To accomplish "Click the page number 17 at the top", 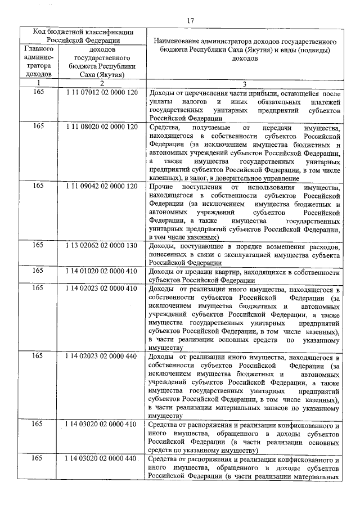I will point(190,21).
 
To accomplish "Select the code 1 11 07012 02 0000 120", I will point(101,92).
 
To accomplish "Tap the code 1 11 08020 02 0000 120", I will point(101,127).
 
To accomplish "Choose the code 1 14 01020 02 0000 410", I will point(101,271).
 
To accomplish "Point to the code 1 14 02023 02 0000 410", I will point(101,288).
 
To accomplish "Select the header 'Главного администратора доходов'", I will point(38,61).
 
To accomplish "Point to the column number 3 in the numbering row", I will point(243,83).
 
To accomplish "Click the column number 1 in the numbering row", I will point(38,83).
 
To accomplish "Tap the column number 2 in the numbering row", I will point(101,83).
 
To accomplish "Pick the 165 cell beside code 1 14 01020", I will point(38,271).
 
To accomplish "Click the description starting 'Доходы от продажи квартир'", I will point(243,275).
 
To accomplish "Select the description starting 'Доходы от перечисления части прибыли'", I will point(243,105).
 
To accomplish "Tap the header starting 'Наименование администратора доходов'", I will point(243,49).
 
